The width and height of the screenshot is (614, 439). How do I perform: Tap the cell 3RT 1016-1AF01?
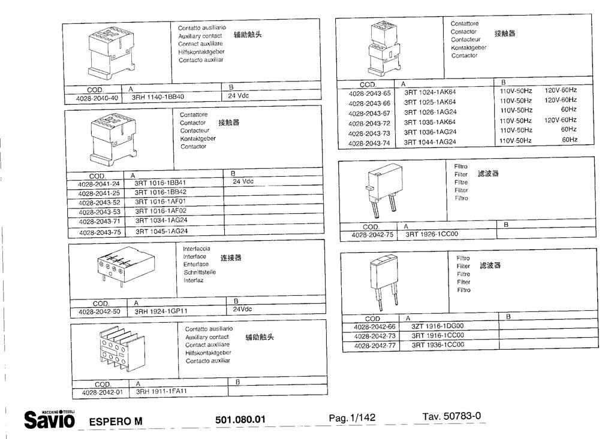161,202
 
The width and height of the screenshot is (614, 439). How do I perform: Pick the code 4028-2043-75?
100,232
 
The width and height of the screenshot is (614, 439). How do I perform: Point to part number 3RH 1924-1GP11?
161,311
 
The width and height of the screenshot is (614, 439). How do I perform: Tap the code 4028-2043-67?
369,113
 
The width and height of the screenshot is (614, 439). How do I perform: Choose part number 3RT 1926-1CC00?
431,235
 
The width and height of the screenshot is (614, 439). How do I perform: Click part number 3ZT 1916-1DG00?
437,326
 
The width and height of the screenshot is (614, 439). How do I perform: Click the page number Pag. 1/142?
352,418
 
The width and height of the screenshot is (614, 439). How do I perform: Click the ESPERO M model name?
116,420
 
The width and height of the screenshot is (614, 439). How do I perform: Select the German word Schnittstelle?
200,272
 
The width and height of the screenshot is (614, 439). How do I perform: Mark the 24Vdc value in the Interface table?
242,310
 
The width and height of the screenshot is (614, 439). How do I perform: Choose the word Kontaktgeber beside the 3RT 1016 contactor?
198,138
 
